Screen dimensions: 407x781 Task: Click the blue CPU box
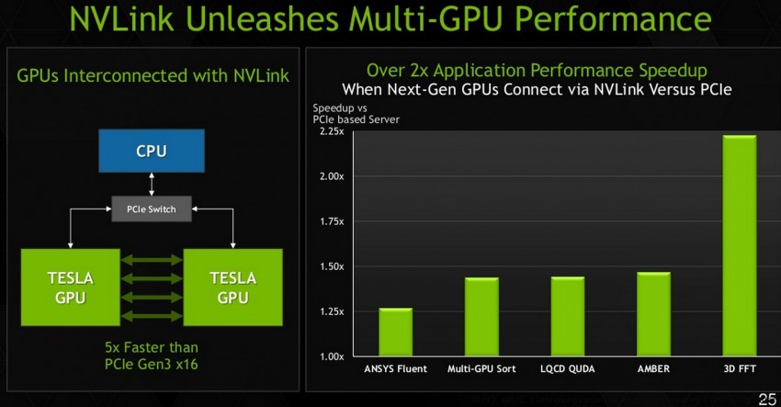point(151,151)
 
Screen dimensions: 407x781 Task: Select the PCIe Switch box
point(151,209)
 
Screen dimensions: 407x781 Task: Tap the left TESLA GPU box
point(70,287)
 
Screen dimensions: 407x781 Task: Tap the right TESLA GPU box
point(232,287)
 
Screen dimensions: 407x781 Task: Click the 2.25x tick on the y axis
point(330,131)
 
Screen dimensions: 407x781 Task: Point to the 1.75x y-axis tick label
point(330,221)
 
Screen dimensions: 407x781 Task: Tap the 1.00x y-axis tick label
point(330,356)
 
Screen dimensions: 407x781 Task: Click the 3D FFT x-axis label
point(739,369)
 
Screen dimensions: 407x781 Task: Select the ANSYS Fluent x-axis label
point(396,369)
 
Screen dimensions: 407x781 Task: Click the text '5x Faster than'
point(151,347)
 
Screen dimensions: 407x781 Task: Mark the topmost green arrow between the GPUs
point(151,259)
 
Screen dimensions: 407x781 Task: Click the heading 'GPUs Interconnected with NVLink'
point(153,75)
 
